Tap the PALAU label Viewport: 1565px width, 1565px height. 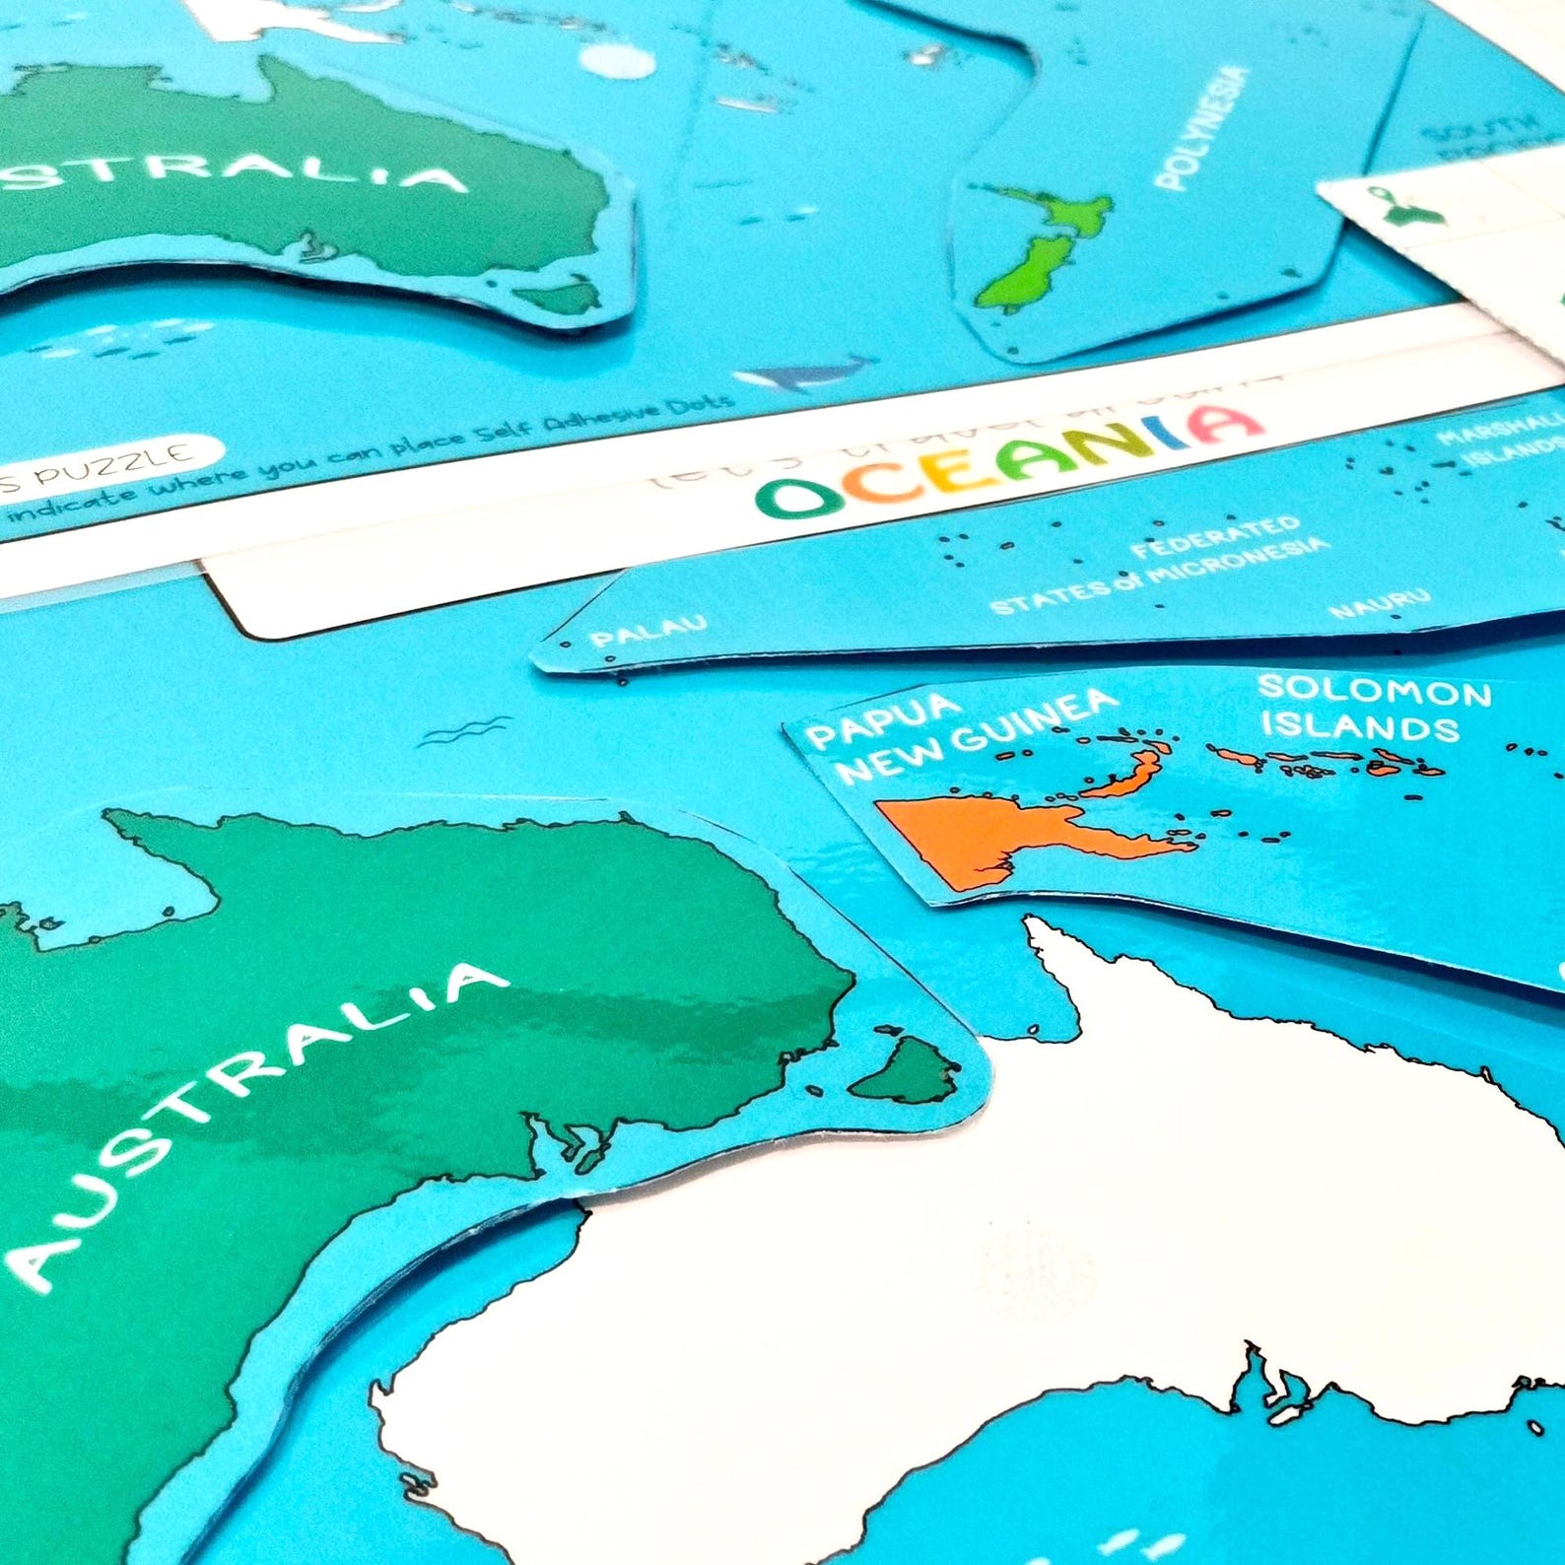[647, 631]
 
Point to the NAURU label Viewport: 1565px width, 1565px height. [1379, 602]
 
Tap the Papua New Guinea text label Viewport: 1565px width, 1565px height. [961, 733]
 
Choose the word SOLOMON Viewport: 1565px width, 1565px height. [1374, 691]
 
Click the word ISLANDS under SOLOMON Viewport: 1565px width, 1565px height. [1360, 727]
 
